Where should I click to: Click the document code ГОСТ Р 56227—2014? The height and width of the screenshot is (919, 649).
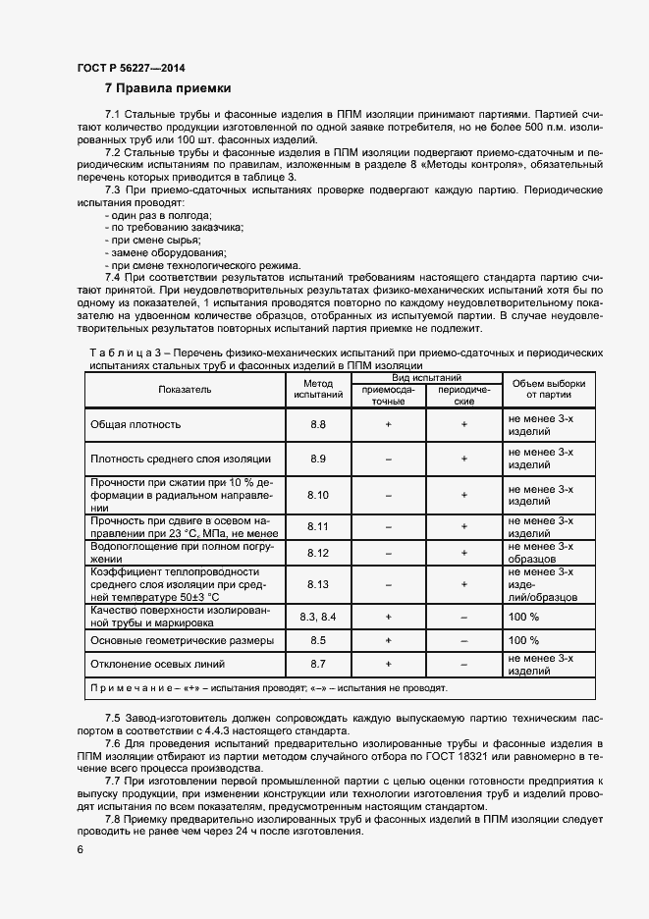131,68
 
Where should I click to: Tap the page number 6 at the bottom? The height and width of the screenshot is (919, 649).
80,849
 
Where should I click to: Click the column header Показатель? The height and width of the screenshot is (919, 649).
185,390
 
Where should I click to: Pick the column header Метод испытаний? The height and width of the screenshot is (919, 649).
318,390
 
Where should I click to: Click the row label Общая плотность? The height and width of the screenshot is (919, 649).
135,424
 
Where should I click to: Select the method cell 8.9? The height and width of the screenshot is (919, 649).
318,459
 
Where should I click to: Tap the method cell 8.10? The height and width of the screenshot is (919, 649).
318,495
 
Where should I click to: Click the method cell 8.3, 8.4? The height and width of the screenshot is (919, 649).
318,617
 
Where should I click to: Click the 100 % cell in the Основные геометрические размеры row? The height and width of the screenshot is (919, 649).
523,640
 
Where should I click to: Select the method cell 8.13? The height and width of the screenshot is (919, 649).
318,584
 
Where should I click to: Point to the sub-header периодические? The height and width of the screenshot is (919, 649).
463,396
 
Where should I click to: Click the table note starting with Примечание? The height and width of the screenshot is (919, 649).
268,688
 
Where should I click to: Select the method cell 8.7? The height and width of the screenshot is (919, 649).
318,665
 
